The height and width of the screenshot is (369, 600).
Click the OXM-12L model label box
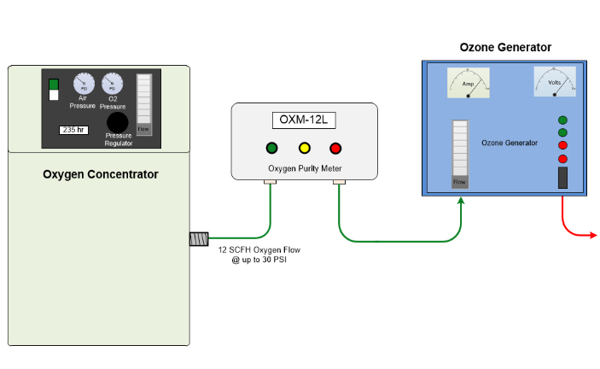tap(304, 120)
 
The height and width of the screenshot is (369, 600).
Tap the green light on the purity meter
tap(271, 147)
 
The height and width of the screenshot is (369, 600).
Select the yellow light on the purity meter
tap(303, 147)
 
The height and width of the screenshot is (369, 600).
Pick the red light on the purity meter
tap(335, 147)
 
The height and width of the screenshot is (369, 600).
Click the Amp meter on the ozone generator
tap(469, 84)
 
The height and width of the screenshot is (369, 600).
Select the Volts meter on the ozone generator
tap(555, 84)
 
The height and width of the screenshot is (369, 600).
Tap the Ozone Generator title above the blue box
tap(505, 48)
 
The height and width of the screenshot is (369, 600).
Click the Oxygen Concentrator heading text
tap(101, 174)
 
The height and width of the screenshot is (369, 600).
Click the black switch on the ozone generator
tap(562, 178)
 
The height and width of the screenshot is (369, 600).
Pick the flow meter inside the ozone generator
tap(460, 153)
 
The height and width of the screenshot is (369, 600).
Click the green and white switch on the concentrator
tap(54, 90)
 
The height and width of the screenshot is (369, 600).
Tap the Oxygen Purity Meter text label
tap(304, 168)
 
